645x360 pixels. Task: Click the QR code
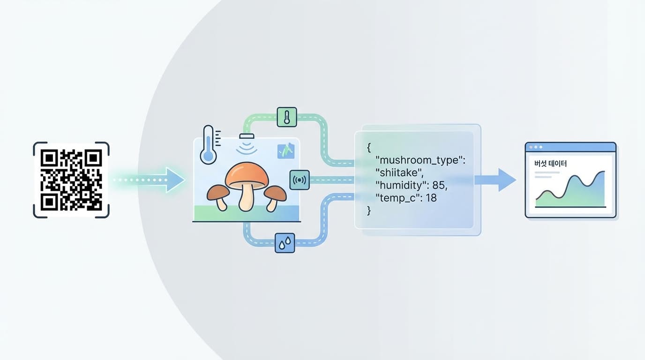pos(71,180)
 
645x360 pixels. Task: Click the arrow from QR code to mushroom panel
pos(150,180)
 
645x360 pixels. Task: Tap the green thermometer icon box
pos(287,117)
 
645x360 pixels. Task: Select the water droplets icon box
pos(285,243)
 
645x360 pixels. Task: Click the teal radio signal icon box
pos(300,180)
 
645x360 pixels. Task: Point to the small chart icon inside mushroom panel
pos(286,151)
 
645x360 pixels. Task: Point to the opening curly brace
pos(369,148)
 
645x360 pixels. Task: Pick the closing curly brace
pos(369,210)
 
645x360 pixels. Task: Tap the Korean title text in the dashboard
pos(550,164)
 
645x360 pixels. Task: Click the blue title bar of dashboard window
pos(570,147)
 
